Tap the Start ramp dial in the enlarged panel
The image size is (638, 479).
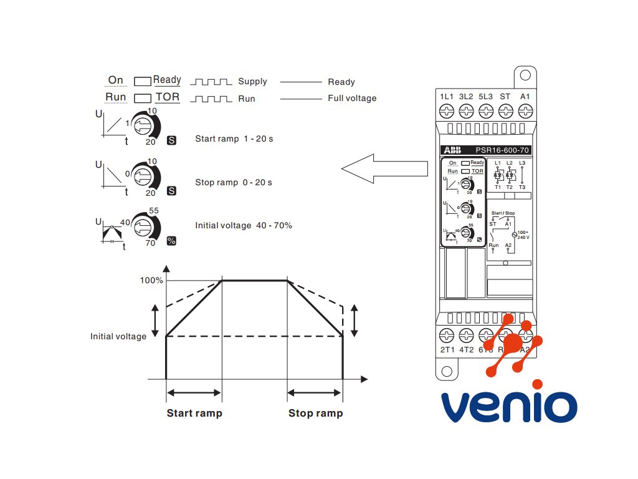click(x=143, y=125)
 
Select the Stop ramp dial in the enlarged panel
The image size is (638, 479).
click(x=143, y=174)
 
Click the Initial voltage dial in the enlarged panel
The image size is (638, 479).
click(x=143, y=225)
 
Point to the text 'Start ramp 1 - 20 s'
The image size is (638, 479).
click(x=234, y=138)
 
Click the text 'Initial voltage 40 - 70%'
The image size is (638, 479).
click(x=243, y=225)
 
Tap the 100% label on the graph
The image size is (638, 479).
click(x=151, y=281)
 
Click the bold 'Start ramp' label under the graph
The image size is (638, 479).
click(x=194, y=413)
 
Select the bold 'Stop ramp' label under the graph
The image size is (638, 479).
click(x=315, y=413)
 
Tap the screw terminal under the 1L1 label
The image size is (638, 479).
click(x=446, y=112)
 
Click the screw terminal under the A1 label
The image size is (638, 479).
click(x=525, y=112)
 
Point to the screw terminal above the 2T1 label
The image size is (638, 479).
click(x=447, y=334)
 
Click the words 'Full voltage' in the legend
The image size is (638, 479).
click(x=352, y=98)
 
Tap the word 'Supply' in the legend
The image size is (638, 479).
click(x=252, y=82)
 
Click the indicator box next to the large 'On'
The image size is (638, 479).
click(x=143, y=81)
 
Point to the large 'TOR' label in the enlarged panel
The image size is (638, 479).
click(x=167, y=97)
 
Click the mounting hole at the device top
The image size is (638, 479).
click(x=525, y=75)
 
